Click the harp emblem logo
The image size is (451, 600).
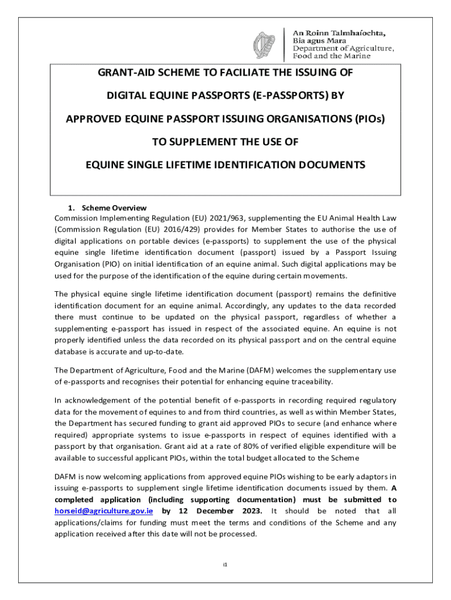[x=264, y=45]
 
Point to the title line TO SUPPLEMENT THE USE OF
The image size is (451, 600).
[x=225, y=142]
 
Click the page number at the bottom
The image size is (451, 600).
[x=225, y=565]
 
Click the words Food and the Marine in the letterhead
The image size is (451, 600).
[x=332, y=56]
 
